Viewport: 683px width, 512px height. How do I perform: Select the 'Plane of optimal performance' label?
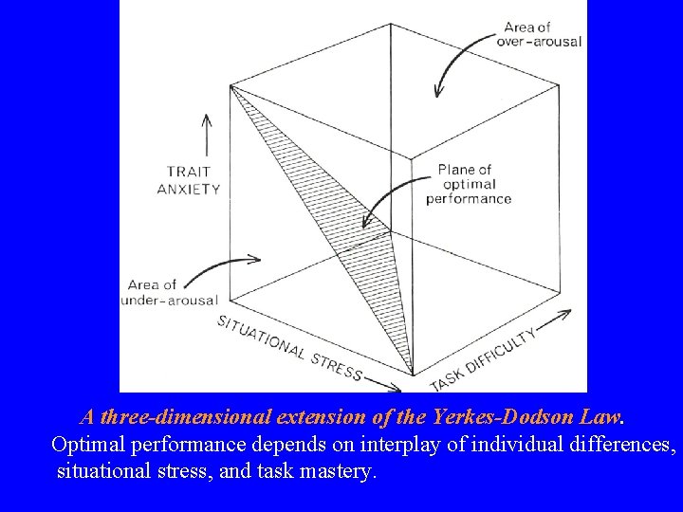(469, 184)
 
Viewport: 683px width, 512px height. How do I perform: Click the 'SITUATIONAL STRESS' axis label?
(289, 347)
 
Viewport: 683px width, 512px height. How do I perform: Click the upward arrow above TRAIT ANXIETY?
(207, 137)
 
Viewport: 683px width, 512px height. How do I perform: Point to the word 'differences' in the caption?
(616, 445)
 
